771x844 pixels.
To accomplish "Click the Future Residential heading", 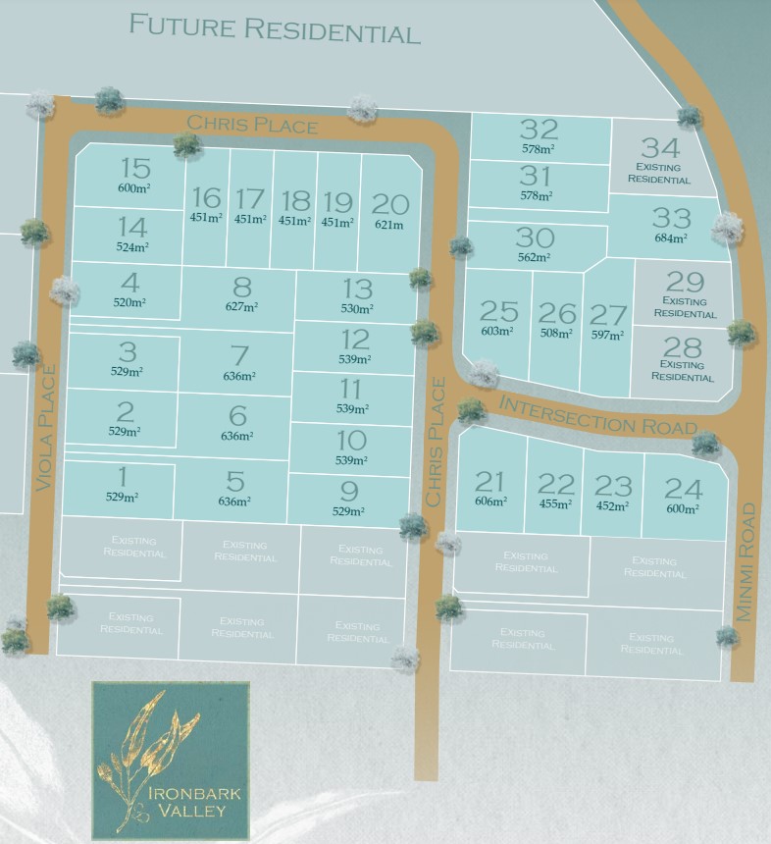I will coord(275,27).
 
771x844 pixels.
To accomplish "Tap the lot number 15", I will coord(135,168).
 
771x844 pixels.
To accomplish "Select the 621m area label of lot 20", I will coord(389,225).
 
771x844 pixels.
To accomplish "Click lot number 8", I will coord(241,288).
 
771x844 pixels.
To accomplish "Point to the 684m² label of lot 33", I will coord(671,237).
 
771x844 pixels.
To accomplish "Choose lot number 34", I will coord(660,148).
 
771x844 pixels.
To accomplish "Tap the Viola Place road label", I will coord(44,427).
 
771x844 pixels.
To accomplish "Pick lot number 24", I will coord(684,488).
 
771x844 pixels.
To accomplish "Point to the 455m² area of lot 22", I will coord(555,504).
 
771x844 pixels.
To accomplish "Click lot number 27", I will coord(608,315).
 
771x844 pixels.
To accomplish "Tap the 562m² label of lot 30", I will coord(535,257).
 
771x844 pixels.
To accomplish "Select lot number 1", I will coord(123,477).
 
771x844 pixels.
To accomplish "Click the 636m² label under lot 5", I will coord(235,501).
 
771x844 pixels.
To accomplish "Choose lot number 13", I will coord(357,289).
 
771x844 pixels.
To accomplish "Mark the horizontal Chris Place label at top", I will coord(252,125).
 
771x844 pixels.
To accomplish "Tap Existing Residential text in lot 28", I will coord(683,371).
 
